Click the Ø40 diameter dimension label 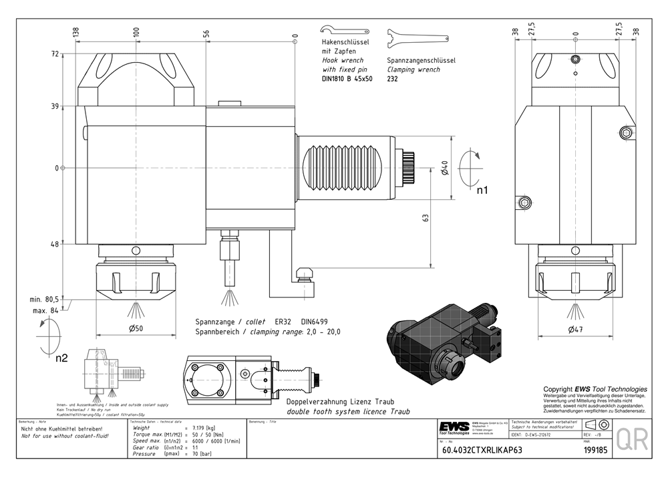point(445,168)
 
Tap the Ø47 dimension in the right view point(576,329)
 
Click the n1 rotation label point(482,190)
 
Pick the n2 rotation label point(61,358)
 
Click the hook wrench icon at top point(343,31)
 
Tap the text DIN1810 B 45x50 point(347,79)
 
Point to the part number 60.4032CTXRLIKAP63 point(482,450)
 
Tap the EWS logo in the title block point(454,427)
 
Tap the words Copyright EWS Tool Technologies point(595,389)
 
